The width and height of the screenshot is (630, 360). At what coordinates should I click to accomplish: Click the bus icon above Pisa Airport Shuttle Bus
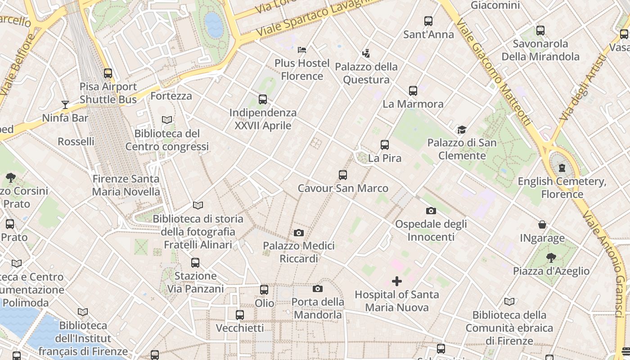(x=108, y=73)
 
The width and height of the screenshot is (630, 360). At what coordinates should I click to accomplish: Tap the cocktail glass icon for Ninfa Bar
(x=65, y=105)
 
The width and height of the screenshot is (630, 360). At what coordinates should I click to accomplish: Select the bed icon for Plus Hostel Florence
(x=302, y=49)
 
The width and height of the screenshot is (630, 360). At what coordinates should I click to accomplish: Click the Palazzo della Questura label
(x=366, y=73)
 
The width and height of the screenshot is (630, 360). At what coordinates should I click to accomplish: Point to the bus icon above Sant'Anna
(x=428, y=21)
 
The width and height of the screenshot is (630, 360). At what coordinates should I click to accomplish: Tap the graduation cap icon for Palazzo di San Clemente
(x=462, y=130)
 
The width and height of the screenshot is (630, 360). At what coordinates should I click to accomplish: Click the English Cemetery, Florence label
(x=562, y=188)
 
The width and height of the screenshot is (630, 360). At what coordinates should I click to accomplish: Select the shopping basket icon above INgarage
(x=542, y=225)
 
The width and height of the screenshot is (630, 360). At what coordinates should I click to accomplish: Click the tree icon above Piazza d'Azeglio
(x=551, y=258)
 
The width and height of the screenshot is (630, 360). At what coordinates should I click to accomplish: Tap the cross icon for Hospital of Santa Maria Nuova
(x=396, y=281)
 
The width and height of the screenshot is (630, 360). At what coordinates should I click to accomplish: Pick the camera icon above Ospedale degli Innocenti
(x=431, y=211)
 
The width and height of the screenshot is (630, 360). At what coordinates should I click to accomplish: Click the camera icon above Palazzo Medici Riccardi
(x=298, y=233)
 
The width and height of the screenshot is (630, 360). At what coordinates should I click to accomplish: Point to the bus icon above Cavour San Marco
(x=343, y=175)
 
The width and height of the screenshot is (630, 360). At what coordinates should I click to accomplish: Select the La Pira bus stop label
(x=384, y=158)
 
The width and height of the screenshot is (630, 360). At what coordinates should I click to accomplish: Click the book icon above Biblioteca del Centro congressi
(x=167, y=120)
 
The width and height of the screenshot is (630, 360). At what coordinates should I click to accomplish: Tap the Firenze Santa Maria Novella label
(x=126, y=185)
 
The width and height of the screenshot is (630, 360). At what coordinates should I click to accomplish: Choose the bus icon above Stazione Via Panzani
(x=195, y=262)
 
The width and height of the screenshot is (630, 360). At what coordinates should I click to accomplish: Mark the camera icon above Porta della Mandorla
(x=318, y=288)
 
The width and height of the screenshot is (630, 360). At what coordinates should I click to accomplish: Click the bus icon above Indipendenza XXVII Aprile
(x=263, y=99)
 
